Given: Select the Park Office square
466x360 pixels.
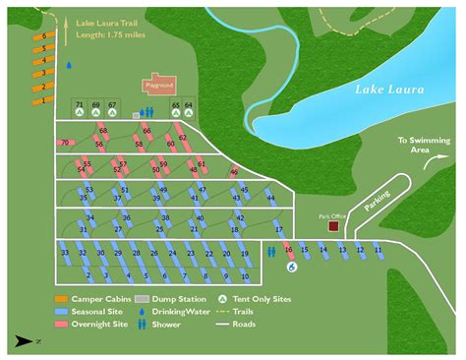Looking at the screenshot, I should point(333,225).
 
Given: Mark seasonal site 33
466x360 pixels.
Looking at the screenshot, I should point(65,252).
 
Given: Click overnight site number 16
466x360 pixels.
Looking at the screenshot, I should point(289,250).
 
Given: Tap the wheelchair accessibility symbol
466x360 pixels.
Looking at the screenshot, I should point(290,267).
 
